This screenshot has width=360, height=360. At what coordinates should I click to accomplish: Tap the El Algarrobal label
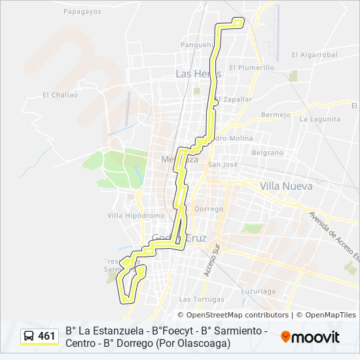coord(314,55)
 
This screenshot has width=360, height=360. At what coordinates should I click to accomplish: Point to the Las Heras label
coord(198,74)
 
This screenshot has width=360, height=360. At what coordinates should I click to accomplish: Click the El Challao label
coord(60,95)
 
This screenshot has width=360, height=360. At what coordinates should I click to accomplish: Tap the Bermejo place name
coord(275,115)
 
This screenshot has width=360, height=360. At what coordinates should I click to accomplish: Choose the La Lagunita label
coord(319,119)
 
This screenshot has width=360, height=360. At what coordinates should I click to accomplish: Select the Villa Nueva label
coord(286,186)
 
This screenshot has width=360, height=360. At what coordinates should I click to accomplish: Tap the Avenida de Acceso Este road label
coord(334,235)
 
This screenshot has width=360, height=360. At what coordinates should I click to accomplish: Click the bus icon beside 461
coord(29,336)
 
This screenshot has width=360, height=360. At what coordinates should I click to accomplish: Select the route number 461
coord(46,336)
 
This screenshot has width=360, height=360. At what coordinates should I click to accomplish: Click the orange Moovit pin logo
coord(285,337)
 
